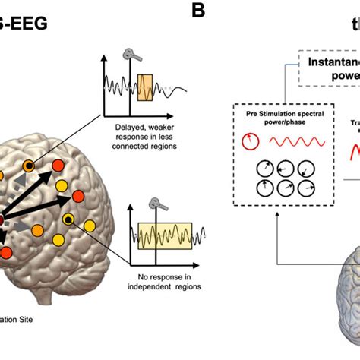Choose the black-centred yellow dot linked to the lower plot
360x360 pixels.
(x=68, y=219)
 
